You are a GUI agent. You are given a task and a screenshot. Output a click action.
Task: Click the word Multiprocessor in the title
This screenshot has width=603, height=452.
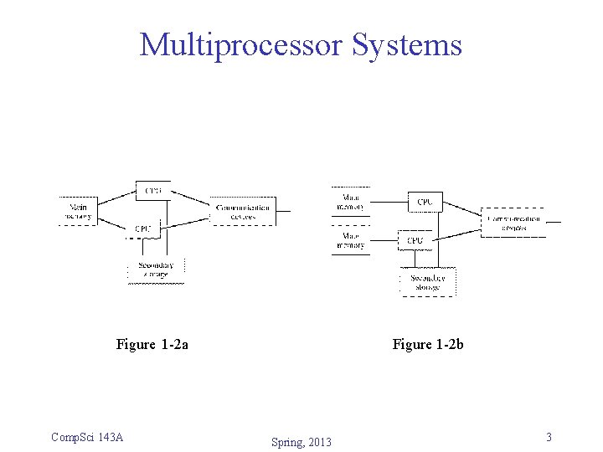click(242, 44)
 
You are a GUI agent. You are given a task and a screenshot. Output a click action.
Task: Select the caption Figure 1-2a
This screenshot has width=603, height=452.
click(152, 344)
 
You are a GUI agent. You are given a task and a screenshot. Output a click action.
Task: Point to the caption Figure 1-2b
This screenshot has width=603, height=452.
click(428, 344)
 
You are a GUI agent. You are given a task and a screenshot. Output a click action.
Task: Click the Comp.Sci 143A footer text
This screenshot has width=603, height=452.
click(87, 437)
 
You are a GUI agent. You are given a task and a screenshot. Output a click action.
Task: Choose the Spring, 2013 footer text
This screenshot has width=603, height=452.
click(301, 442)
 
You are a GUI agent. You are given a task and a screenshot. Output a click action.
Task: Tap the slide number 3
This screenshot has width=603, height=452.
click(549, 437)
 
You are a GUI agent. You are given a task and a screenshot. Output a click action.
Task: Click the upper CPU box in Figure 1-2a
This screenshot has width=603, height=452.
click(153, 191)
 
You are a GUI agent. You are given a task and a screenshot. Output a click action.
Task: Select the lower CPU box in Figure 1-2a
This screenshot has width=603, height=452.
click(143, 229)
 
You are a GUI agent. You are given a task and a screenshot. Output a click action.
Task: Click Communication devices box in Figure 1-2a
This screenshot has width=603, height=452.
click(243, 212)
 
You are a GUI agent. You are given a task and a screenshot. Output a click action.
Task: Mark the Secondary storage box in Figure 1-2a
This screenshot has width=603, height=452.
click(156, 270)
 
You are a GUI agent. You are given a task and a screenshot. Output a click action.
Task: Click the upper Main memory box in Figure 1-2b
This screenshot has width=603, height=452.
click(350, 202)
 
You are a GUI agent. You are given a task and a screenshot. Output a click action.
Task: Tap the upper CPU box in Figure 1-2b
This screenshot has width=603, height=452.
click(425, 202)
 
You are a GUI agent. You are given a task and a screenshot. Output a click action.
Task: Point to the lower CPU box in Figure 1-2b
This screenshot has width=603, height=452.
click(415, 240)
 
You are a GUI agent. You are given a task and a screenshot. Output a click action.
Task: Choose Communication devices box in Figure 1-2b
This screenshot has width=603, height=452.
click(513, 223)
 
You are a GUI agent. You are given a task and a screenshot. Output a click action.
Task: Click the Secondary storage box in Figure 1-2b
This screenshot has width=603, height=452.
click(427, 282)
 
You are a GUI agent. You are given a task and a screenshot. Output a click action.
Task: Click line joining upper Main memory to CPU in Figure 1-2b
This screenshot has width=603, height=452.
click(389, 202)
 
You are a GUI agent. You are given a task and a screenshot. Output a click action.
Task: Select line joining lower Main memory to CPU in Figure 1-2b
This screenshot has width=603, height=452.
click(383, 241)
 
